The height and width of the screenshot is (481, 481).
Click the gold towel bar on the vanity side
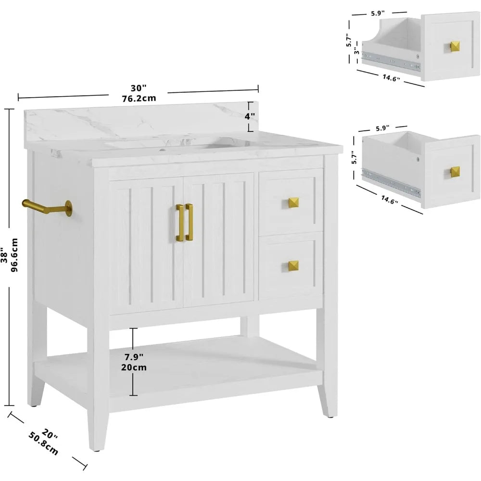point(46,208)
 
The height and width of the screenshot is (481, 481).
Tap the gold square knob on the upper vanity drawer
point(293,203)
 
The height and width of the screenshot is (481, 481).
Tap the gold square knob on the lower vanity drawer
point(293,266)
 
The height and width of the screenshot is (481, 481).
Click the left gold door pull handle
point(180,222)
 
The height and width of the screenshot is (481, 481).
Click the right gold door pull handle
point(189,222)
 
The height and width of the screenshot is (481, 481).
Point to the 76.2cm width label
point(139,99)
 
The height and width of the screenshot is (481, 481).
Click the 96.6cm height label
point(14,255)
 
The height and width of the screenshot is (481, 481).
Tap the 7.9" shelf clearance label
point(134,357)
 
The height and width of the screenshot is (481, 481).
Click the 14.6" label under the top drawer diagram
point(391,77)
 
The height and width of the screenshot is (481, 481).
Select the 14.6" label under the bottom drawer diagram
point(390,200)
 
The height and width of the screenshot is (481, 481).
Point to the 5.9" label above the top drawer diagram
point(378,13)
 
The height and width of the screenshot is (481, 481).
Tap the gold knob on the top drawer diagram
point(455,46)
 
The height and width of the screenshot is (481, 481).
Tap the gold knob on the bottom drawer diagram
point(455,172)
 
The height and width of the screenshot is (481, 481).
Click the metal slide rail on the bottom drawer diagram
point(391,182)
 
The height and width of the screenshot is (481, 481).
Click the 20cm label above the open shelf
point(134,367)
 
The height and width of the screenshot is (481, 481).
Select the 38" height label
point(4,255)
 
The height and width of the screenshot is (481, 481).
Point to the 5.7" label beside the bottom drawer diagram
point(354,157)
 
